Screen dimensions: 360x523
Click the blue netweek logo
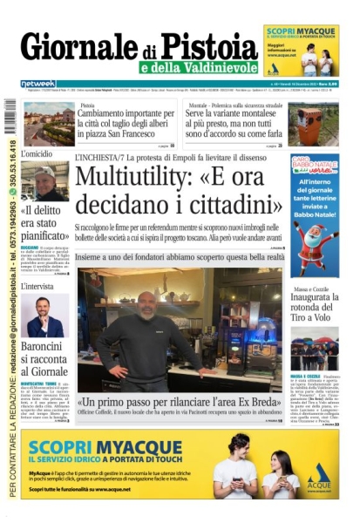click(37, 84)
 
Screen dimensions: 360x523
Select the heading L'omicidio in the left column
click(37, 153)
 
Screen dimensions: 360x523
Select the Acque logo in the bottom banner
click(319, 473)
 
